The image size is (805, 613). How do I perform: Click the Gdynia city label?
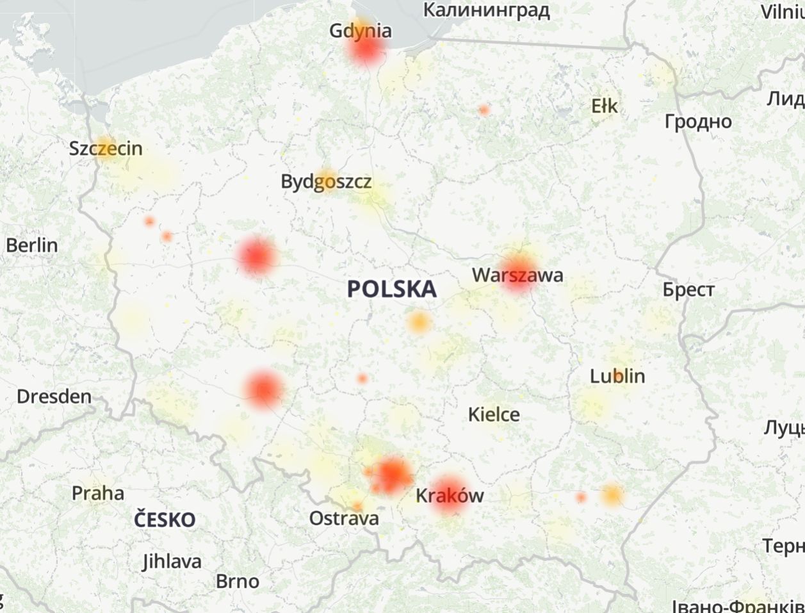point(361,31)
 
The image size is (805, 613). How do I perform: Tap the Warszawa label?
point(517,275)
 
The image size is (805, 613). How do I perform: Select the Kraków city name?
point(450,495)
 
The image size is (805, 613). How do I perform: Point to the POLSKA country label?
point(392,289)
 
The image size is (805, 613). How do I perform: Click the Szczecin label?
point(106,149)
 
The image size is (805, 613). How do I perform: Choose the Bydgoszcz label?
point(326,182)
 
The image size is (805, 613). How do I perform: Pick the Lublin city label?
point(617,376)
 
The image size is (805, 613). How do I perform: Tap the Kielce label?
point(494,414)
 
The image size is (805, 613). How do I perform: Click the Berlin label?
point(31,245)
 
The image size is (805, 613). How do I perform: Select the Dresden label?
point(54,396)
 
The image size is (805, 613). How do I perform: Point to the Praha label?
point(97,493)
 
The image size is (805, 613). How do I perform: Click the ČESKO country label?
point(165,519)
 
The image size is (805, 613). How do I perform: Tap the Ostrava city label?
point(344,518)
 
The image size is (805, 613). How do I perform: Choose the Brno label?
point(238,581)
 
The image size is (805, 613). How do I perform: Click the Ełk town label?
point(605,106)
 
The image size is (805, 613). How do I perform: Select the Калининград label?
point(487,10)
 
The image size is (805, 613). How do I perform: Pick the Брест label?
point(688,290)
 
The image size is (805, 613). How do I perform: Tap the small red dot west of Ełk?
point(484,110)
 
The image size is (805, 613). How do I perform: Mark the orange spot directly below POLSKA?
point(418,322)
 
